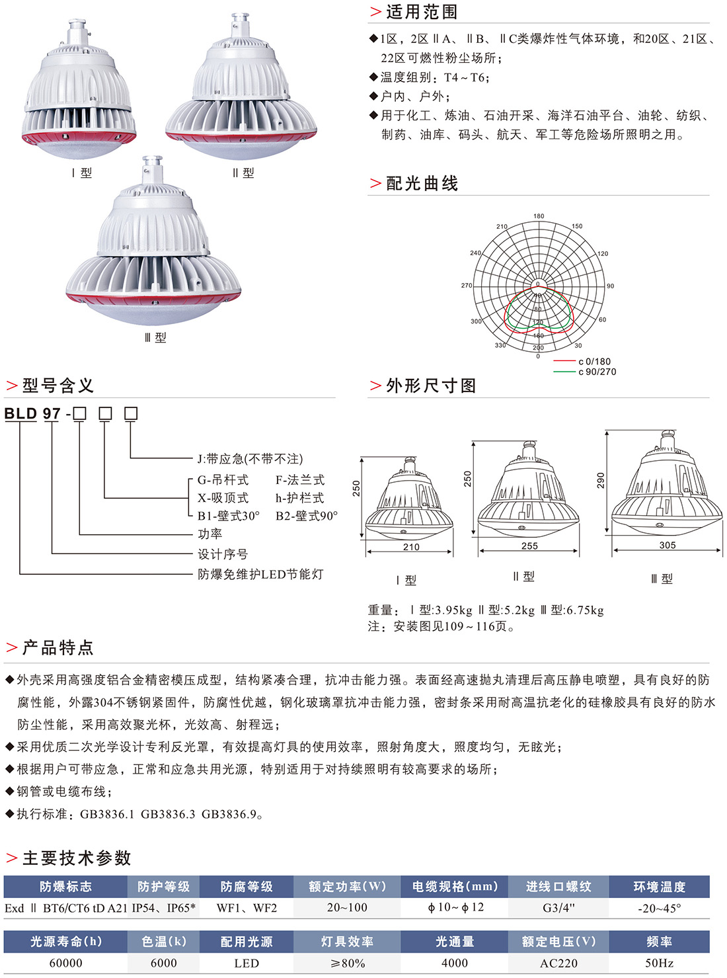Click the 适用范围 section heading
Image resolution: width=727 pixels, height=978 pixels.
[x=421, y=12]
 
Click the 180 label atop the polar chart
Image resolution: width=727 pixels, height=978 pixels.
[x=539, y=216]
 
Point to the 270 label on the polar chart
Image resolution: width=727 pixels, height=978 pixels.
[x=467, y=286]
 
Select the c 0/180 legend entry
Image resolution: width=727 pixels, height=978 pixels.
[x=594, y=362]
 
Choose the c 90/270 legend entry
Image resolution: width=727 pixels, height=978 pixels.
[x=597, y=372]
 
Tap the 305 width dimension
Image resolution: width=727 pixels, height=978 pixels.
[x=668, y=545]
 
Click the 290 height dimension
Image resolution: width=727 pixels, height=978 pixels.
[x=600, y=479]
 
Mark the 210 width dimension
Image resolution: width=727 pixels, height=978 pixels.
[x=411, y=547]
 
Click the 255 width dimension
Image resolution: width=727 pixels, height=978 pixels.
[x=529, y=546]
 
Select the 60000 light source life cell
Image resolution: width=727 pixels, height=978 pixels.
[x=66, y=963]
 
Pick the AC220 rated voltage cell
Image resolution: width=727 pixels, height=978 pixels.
[x=558, y=963]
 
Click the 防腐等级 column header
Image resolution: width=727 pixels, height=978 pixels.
[x=247, y=887]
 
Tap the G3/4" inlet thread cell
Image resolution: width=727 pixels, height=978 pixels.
[x=558, y=908]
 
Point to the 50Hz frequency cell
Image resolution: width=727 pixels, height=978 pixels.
[x=659, y=963]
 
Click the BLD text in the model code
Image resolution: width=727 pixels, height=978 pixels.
[x=20, y=414]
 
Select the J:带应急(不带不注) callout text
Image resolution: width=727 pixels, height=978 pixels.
[x=250, y=459]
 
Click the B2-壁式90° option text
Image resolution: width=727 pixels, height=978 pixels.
[x=306, y=516]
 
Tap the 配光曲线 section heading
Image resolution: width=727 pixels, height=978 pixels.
[x=422, y=184]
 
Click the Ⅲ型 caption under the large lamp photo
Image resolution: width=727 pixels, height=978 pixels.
[x=155, y=337]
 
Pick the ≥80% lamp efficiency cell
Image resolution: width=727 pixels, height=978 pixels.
[x=346, y=963]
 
